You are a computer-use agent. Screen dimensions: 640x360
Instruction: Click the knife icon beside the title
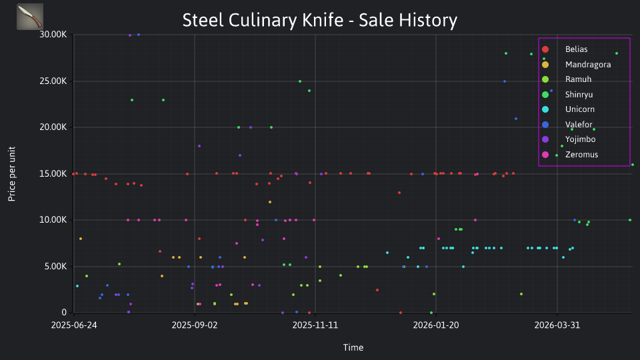click(x=30, y=17)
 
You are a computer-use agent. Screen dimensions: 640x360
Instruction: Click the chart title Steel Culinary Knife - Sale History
click(x=319, y=20)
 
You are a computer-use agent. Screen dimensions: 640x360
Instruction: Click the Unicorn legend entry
click(x=568, y=109)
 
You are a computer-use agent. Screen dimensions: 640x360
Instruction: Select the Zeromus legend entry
click(x=569, y=154)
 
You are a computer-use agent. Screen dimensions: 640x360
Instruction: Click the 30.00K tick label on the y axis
click(x=53, y=35)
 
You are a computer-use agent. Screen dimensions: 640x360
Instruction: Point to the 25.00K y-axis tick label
click(x=53, y=81)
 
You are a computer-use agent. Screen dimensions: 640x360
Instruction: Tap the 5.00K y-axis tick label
click(x=55, y=267)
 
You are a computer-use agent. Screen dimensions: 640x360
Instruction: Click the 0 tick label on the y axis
click(x=64, y=313)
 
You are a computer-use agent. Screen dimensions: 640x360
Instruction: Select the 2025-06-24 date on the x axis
click(x=74, y=325)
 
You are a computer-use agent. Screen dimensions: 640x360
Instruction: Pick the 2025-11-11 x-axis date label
click(x=315, y=325)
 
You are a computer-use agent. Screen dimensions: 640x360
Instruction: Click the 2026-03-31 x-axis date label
click(x=557, y=325)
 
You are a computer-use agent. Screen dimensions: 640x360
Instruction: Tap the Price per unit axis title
click(x=12, y=174)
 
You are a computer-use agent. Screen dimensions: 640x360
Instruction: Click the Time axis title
click(x=353, y=347)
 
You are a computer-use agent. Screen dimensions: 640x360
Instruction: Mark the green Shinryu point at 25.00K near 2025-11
click(x=300, y=81)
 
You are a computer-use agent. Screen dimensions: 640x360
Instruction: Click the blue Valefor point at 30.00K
click(x=139, y=35)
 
